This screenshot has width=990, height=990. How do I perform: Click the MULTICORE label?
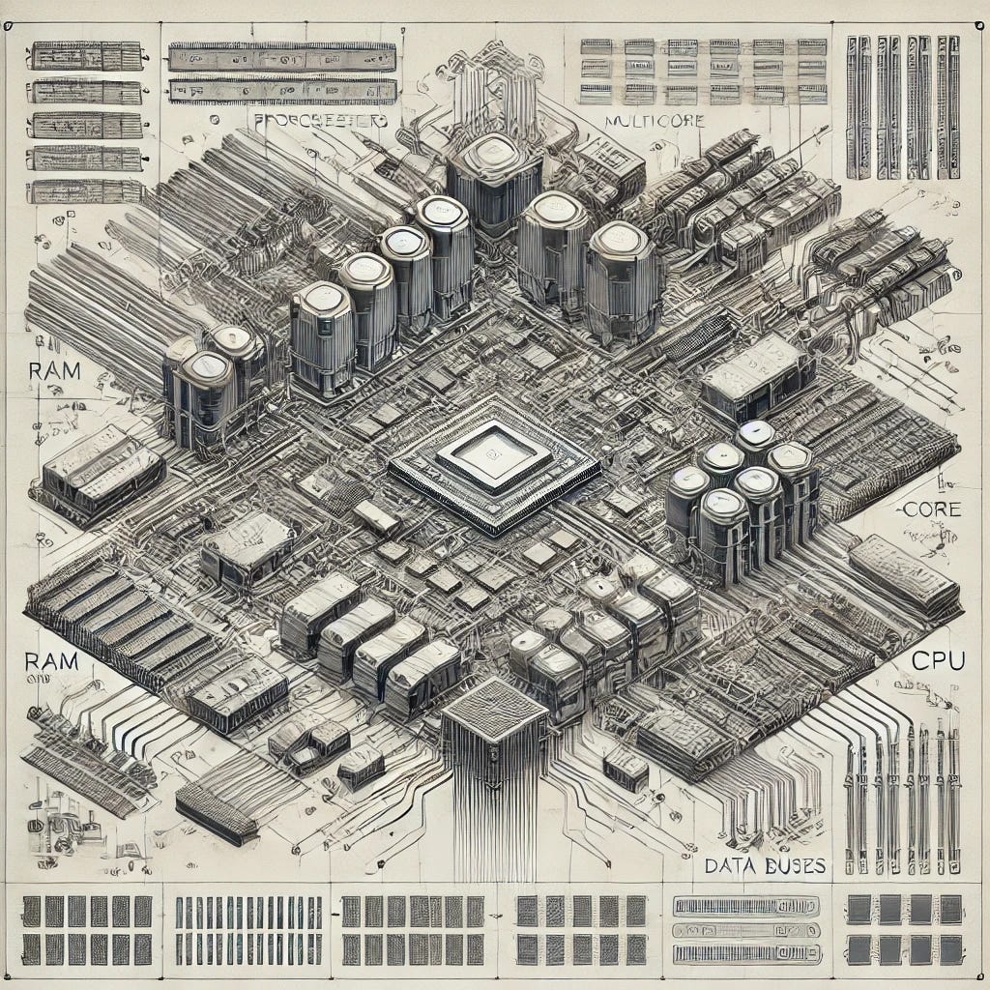click(x=653, y=122)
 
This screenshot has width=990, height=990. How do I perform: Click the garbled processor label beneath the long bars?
click(x=318, y=121)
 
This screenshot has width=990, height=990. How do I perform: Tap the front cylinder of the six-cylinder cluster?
click(x=724, y=532)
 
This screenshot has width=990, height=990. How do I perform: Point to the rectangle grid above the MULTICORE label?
click(x=703, y=70)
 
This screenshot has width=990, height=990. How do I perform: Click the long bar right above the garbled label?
click(x=282, y=91)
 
